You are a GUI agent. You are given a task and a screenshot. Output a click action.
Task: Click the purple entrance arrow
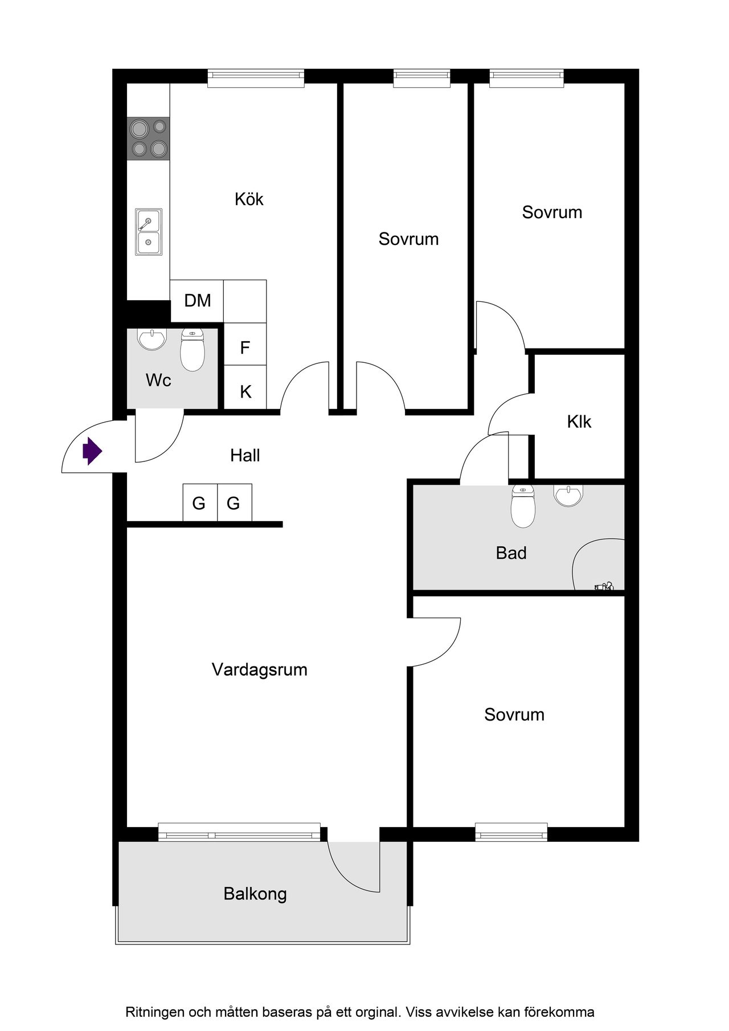[x=92, y=452]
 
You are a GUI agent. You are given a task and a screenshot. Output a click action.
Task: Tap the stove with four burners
[x=149, y=138]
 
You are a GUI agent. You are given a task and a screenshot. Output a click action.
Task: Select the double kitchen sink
[x=148, y=232]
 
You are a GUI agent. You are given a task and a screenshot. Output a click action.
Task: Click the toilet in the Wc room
[x=193, y=350]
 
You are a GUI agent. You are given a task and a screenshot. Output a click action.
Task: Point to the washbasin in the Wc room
[x=152, y=340]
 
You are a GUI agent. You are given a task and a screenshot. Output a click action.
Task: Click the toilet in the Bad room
[x=523, y=506]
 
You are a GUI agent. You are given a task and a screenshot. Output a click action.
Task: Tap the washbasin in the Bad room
[x=568, y=496]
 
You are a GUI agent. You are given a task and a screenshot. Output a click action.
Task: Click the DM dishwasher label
[x=198, y=300]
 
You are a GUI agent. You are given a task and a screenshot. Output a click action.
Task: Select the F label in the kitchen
[x=245, y=347]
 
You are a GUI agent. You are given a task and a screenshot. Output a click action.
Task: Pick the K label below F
[x=245, y=391]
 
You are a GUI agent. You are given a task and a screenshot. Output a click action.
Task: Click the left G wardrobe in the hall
[x=200, y=502]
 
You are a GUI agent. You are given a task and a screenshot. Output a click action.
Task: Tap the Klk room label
[x=579, y=422]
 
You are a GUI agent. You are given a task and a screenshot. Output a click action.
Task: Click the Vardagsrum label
[x=259, y=669]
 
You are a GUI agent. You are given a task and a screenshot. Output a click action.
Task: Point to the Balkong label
[x=255, y=894]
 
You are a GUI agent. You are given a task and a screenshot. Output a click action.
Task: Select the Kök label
[x=249, y=199]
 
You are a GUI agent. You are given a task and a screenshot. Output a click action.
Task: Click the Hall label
[x=245, y=455]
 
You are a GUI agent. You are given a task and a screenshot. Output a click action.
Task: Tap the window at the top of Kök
[x=256, y=78]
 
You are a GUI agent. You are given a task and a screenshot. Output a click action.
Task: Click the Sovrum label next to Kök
[x=408, y=239]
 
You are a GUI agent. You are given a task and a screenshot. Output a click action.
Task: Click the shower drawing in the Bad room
[x=598, y=564]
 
